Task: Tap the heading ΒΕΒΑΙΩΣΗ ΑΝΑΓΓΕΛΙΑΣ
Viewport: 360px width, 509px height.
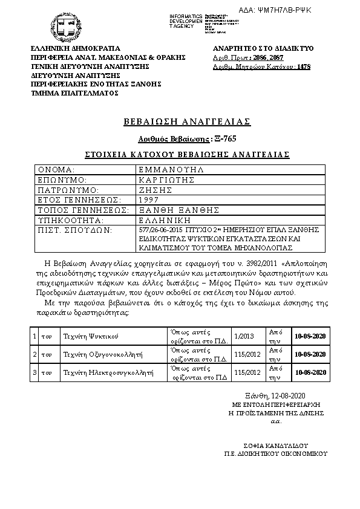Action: click(x=187, y=122)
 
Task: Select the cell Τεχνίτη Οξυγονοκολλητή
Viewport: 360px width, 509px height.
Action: click(x=99, y=354)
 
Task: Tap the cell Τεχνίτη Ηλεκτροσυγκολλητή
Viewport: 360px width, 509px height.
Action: click(x=103, y=373)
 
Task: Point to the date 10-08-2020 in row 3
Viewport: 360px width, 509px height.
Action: click(x=310, y=373)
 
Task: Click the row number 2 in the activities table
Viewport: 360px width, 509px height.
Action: click(x=35, y=354)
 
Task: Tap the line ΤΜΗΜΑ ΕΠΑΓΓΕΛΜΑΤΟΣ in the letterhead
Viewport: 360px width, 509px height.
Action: click(x=74, y=93)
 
